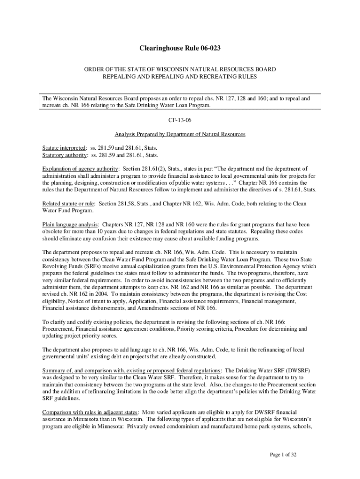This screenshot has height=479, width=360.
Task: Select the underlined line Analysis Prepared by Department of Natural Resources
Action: click(x=180, y=134)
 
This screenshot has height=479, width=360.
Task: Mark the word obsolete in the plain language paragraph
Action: click(x=52, y=232)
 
